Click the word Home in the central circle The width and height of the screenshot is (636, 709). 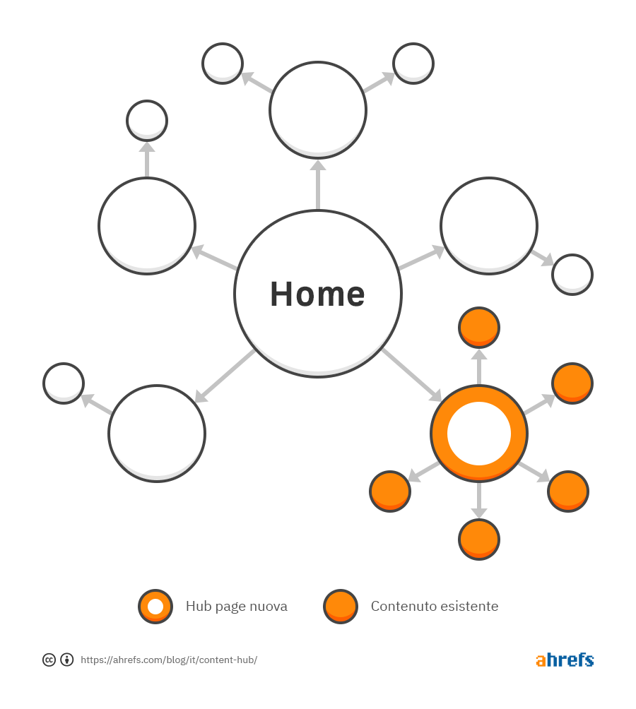pos(317,294)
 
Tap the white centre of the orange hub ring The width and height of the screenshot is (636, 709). pos(479,433)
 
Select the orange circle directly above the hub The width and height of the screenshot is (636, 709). pos(479,328)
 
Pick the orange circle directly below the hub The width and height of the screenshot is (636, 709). pos(479,540)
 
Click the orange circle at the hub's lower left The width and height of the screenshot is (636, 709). pos(390,491)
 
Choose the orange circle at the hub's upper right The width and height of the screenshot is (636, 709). pos(572,383)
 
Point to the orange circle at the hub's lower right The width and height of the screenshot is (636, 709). pos(568,491)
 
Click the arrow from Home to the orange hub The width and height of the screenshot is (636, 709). pos(412,375)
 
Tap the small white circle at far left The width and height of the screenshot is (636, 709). pos(64,383)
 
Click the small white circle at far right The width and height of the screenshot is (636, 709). pos(572,275)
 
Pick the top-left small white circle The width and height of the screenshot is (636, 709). pos(223,64)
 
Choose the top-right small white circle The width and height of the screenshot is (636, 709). pos(413,64)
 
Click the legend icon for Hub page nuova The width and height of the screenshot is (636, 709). pos(155,607)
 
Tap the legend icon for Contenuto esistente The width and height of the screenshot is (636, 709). pos(341,607)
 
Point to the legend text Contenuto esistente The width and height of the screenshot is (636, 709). pos(435,606)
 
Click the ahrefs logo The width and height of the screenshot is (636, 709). pos(565,660)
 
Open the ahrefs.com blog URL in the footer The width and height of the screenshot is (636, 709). pos(169,660)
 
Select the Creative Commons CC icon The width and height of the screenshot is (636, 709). pos(49,660)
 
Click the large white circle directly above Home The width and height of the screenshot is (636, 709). pos(318,110)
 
